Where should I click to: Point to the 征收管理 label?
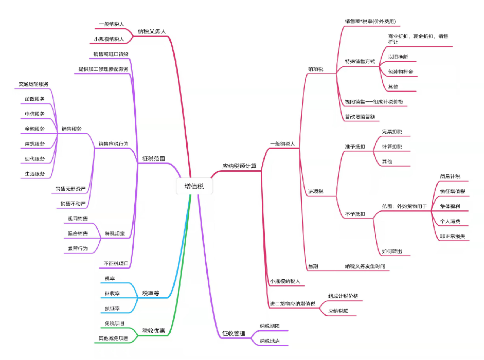(x=233, y=334)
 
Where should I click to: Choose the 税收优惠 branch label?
(x=153, y=330)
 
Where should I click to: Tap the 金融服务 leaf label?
(x=34, y=129)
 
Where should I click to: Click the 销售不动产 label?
(x=72, y=204)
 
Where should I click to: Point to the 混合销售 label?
(x=77, y=233)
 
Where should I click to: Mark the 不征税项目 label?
(x=116, y=263)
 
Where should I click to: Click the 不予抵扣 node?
(x=355, y=214)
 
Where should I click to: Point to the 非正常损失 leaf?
(x=452, y=236)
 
